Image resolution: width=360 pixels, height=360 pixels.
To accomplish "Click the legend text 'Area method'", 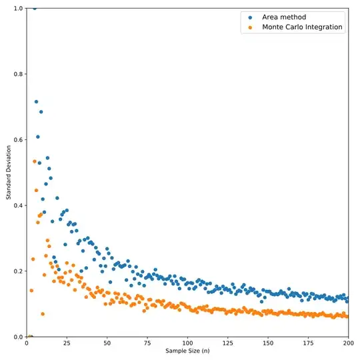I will [x=285, y=17].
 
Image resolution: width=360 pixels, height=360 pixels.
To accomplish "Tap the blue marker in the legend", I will [x=250, y=17].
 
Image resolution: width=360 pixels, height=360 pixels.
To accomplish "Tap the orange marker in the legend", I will [x=250, y=27].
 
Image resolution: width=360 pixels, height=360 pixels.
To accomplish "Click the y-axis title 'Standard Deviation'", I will [x=8, y=173].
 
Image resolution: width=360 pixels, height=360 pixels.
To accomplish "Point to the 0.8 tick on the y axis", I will [x=18, y=74].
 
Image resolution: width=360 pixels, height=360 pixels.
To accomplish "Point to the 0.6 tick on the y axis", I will [x=18, y=140].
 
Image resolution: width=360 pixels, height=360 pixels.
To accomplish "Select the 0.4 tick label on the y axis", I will [x=18, y=205].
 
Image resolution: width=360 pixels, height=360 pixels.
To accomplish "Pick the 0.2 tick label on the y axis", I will [x=18, y=271].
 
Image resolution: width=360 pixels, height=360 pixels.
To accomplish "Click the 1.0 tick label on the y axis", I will [x=18, y=9].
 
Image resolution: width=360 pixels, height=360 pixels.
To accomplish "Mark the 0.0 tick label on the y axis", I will [x=18, y=337].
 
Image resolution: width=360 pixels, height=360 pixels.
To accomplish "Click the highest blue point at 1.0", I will [x=35, y=8].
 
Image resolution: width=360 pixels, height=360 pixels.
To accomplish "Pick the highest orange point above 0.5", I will [x=35, y=161].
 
